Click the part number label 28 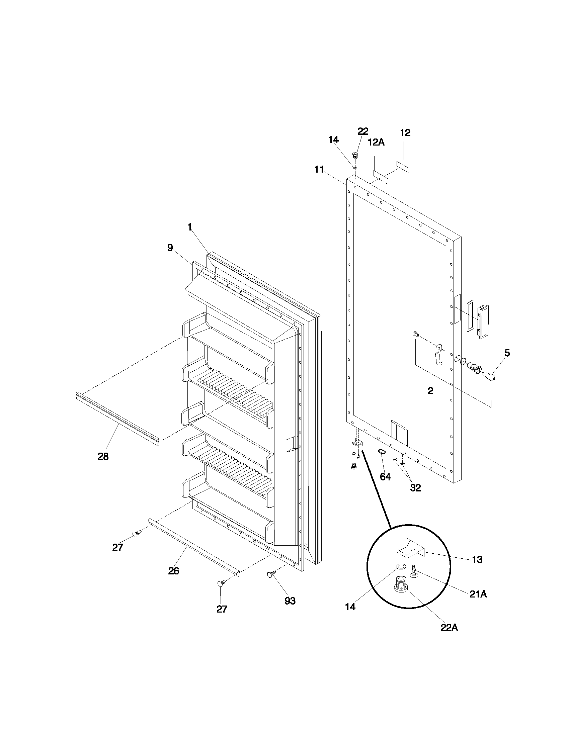click(x=103, y=457)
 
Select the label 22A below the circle click(x=449, y=628)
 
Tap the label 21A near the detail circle click(x=478, y=594)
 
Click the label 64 click(x=385, y=477)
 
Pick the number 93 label click(x=290, y=601)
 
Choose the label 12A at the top click(x=376, y=142)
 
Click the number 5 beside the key click(x=507, y=353)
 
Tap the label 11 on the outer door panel click(x=319, y=170)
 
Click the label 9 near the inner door click(x=170, y=248)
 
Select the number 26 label click(x=174, y=571)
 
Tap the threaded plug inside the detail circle click(x=401, y=585)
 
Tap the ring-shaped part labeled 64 click(x=382, y=452)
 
